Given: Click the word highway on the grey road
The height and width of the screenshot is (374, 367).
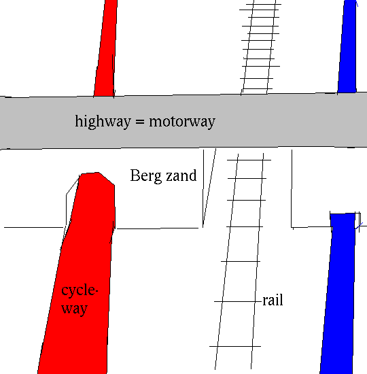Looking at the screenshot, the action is click(x=103, y=122).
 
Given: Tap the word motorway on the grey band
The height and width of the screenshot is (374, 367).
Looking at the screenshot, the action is click(x=182, y=122).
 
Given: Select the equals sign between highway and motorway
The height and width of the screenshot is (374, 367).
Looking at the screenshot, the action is click(x=140, y=122).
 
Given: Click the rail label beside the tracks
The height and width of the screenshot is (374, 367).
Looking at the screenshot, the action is click(x=273, y=300).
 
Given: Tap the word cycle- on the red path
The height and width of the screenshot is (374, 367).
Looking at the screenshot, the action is click(x=80, y=291).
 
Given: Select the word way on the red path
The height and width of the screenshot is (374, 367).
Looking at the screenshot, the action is click(x=75, y=309).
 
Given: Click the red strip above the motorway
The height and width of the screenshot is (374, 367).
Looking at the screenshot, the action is click(x=105, y=48).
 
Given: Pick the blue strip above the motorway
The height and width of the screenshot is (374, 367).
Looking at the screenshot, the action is click(x=347, y=46).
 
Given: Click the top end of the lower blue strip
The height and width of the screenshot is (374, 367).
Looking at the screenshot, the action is click(x=343, y=214).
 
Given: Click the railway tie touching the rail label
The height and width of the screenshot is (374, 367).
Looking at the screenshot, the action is click(x=238, y=302).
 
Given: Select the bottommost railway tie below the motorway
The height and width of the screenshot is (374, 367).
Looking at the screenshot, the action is click(x=235, y=346).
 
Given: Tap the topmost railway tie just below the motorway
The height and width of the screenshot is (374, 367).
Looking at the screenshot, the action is click(x=249, y=160).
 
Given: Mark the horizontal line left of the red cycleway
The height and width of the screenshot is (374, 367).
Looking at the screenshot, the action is click(x=33, y=228).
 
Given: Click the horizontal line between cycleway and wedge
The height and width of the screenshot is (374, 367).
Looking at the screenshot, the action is click(x=158, y=228).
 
